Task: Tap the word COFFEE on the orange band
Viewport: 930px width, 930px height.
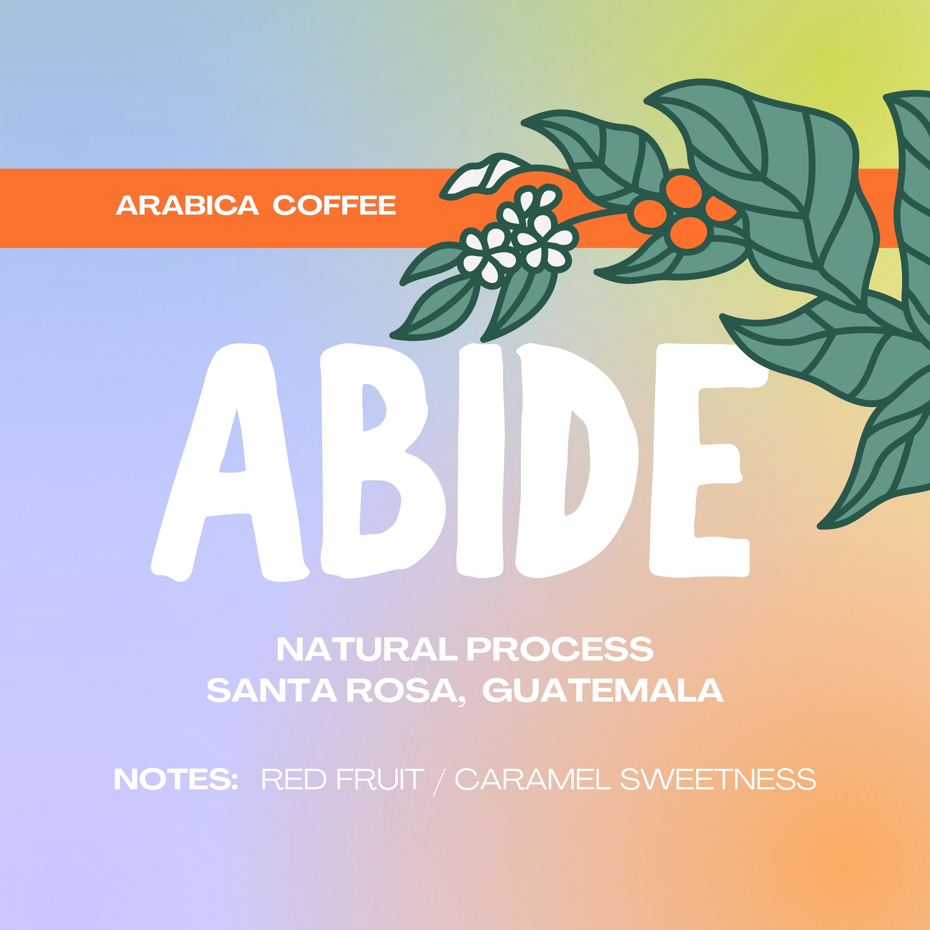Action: point(334,206)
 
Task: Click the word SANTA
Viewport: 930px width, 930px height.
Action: point(272,691)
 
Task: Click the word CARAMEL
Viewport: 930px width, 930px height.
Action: point(533,779)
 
